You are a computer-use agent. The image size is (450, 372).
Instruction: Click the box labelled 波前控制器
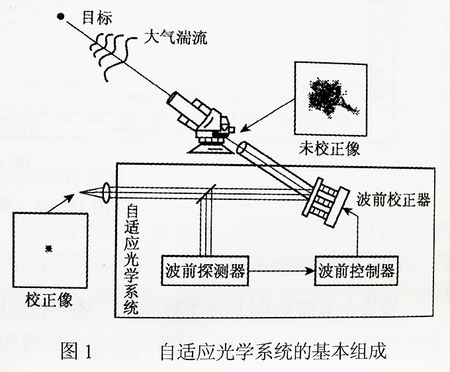[x=357, y=271]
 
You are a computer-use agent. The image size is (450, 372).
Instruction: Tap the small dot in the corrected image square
[x=48, y=249]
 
